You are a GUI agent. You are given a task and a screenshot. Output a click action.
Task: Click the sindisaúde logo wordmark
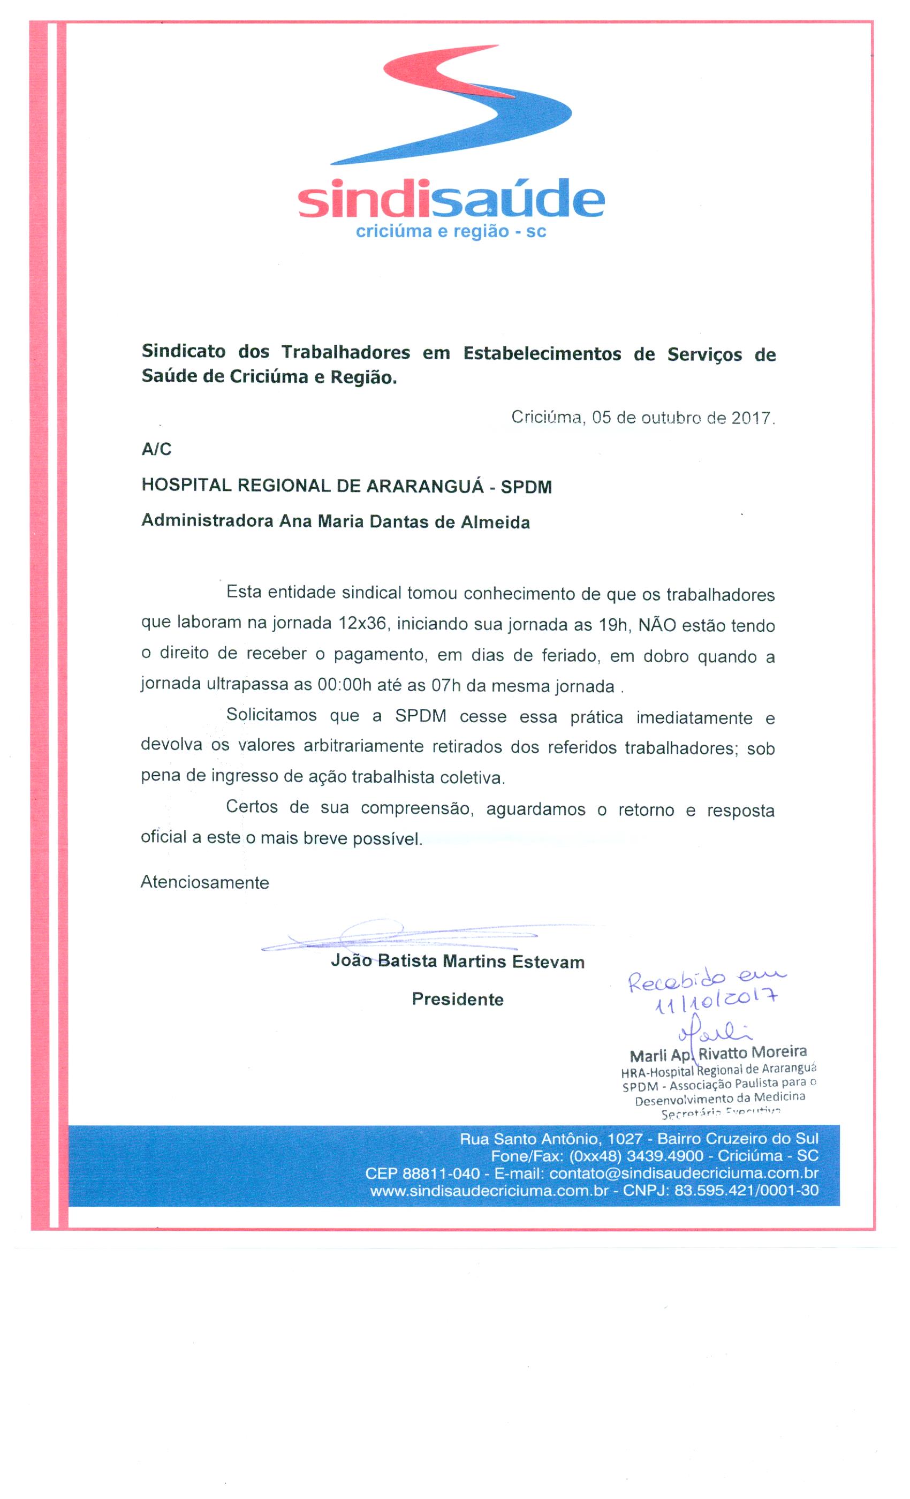(x=451, y=199)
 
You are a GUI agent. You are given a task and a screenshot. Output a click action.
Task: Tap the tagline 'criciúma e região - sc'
(x=451, y=232)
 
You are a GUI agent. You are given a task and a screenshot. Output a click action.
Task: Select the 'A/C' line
(x=156, y=450)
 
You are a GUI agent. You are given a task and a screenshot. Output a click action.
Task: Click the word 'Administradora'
(x=207, y=521)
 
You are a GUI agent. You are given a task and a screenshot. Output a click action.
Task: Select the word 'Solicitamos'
(x=271, y=715)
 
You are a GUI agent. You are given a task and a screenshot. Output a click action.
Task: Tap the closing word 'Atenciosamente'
(x=205, y=882)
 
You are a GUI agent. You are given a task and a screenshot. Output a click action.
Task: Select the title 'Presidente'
(x=458, y=999)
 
